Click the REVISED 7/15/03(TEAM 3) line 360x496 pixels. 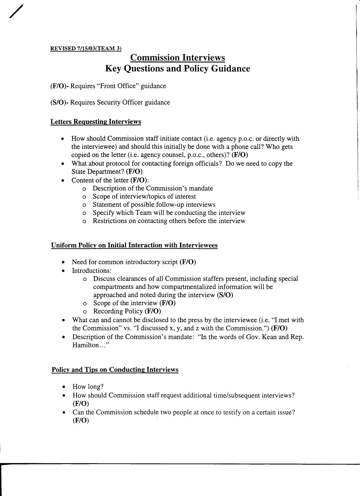tap(86, 49)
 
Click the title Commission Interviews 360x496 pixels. tap(177, 58)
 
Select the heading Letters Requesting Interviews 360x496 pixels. tap(96, 122)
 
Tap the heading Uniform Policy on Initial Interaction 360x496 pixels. tap(134, 245)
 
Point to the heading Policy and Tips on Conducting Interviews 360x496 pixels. tap(115, 370)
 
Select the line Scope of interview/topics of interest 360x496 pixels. tap(144, 196)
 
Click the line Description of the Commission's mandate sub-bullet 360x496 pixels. tap(153, 188)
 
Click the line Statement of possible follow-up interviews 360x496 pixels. tap(154, 205)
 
